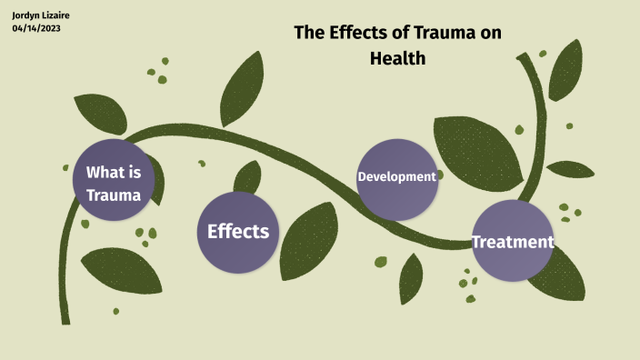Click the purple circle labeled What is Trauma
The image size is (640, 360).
click(113, 181)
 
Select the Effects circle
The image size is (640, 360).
click(238, 232)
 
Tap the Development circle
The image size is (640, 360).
click(396, 177)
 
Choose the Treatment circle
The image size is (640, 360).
click(513, 241)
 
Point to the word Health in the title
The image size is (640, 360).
click(397, 57)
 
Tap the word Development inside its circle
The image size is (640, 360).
click(396, 176)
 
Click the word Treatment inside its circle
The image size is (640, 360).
click(513, 242)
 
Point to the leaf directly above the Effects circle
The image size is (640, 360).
click(246, 176)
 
